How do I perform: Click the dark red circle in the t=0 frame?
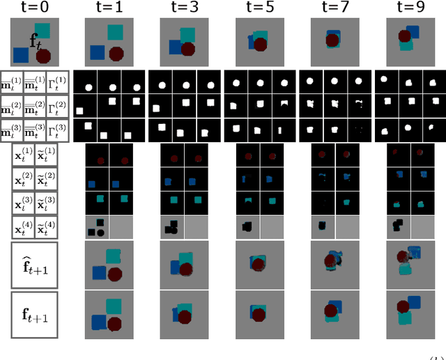tap(43, 56)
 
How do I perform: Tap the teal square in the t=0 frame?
tap(43, 31)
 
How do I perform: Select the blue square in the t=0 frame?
tap(20, 53)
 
